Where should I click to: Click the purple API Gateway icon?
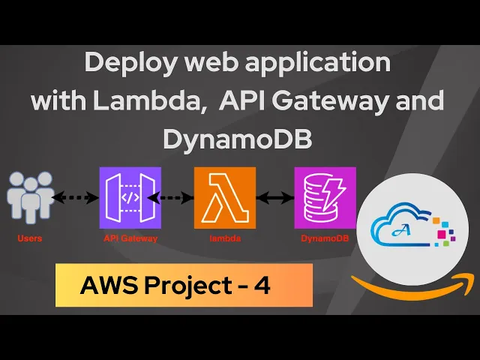[x=130, y=197]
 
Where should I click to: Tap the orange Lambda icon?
[x=224, y=197]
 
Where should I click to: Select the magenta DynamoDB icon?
[x=325, y=197]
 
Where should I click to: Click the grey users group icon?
[x=31, y=197]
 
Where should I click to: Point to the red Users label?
[x=30, y=238]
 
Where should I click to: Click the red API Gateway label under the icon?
[x=130, y=238]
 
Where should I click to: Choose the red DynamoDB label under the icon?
[x=325, y=238]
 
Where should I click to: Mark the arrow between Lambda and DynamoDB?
[x=274, y=199]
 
